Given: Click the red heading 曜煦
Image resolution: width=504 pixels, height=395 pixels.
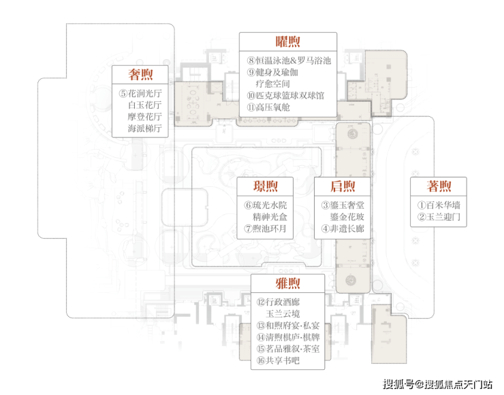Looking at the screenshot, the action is click(x=287, y=41).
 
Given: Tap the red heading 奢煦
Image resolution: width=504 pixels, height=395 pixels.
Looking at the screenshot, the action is click(x=140, y=74).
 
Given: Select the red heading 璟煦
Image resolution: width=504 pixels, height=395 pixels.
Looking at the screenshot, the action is click(x=265, y=186).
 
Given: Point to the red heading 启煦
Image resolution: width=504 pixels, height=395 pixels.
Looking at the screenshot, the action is click(x=343, y=186).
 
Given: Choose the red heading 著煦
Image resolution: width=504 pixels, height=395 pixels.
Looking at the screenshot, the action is click(x=439, y=186).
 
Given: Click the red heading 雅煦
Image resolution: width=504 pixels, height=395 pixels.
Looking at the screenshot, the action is click(x=287, y=284).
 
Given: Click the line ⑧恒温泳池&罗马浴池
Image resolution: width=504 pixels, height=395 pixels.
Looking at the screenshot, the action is click(x=289, y=61).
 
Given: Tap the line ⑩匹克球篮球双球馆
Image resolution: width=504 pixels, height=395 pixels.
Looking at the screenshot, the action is click(x=285, y=96).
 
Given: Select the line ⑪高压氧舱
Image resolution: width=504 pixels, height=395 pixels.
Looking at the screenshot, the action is click(x=268, y=107).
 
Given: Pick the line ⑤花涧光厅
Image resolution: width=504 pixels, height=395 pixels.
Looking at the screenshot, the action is click(x=140, y=93).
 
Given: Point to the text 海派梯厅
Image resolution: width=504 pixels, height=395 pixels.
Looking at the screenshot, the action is click(x=145, y=128).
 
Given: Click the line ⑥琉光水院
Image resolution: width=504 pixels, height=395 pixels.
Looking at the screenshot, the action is click(x=266, y=205).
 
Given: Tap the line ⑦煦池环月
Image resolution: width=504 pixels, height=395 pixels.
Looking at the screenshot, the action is click(x=265, y=228).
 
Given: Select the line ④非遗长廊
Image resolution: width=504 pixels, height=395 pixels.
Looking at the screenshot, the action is click(x=343, y=228).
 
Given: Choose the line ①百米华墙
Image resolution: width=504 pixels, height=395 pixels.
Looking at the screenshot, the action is click(x=439, y=205).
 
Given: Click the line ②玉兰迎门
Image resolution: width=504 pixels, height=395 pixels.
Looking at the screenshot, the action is click(x=439, y=217).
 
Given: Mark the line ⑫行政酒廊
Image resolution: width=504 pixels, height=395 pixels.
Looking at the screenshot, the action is click(x=278, y=302).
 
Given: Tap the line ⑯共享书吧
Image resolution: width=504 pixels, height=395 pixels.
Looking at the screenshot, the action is click(x=278, y=360).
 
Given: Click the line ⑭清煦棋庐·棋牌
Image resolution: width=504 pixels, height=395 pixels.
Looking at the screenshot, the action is click(x=288, y=337).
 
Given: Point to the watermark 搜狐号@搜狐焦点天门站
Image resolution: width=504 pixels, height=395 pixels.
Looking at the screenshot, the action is click(x=438, y=383).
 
